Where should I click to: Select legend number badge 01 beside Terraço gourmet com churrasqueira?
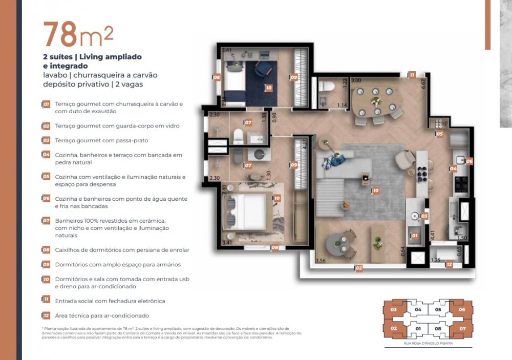[x=46, y=104]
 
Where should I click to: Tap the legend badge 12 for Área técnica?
[x=46, y=315]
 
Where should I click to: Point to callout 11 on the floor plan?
[x=412, y=75]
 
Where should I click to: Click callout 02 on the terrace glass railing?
[x=359, y=267]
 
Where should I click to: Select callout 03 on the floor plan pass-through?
[x=424, y=216]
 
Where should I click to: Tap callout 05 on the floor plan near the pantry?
[x=439, y=134]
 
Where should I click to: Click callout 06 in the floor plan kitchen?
[x=469, y=161]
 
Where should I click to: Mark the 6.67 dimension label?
[x=423, y=84]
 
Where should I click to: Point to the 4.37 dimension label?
[x=305, y=145]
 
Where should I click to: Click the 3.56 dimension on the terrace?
[x=321, y=260]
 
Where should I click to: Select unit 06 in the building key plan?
[x=461, y=310]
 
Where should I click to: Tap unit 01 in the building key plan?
[x=418, y=328]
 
